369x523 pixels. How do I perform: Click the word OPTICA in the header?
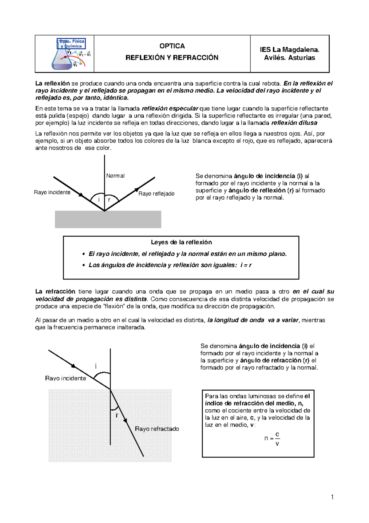172,46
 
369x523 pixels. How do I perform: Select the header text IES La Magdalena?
289,50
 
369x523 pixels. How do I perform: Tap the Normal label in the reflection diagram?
115,176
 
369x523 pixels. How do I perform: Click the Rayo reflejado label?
156,194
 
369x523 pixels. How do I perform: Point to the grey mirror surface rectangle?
108,220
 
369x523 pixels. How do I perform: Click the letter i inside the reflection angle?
99,200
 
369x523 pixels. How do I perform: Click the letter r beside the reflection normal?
109,200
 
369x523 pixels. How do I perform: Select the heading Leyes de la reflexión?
181,242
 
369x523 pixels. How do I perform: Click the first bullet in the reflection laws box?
83,254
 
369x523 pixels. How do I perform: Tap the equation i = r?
246,265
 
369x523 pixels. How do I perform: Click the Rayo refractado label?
157,429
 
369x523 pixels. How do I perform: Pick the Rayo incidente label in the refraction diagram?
65,378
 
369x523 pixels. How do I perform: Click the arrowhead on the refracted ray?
125,420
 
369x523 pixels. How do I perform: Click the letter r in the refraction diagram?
117,416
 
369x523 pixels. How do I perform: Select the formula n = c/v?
272,438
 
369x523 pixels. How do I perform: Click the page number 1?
332,497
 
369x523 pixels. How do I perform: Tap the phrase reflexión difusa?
294,123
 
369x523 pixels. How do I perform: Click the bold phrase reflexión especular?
170,108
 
